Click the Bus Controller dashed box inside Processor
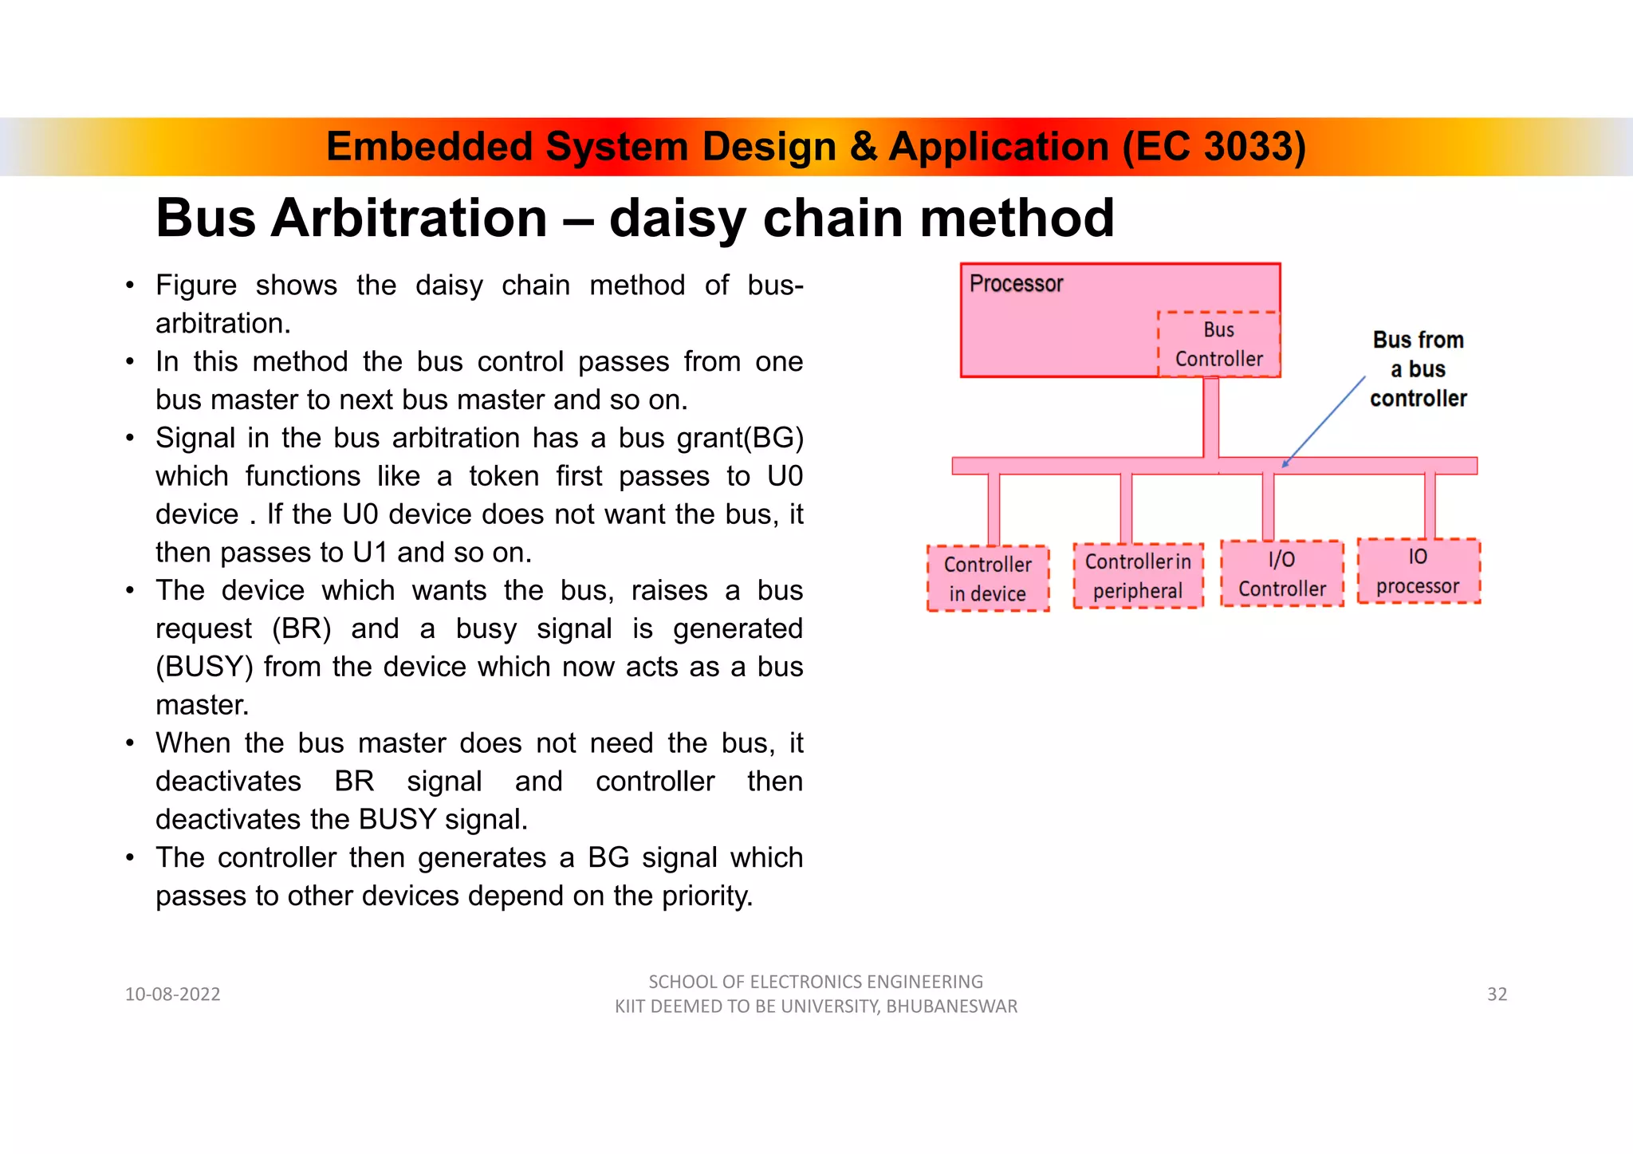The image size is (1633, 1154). (x=1218, y=345)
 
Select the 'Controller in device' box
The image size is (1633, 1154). (x=987, y=579)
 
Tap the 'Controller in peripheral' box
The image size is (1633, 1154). (x=1138, y=576)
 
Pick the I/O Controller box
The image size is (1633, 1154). (x=1281, y=574)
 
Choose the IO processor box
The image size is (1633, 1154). (x=1418, y=572)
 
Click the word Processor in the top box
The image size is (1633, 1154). (x=1016, y=284)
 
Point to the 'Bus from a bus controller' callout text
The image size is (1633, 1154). (x=1418, y=369)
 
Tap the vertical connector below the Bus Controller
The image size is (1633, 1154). (x=1210, y=417)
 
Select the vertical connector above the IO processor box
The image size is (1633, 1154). (x=1430, y=506)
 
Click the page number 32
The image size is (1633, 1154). (x=1497, y=994)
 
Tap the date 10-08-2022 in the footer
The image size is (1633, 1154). (x=172, y=994)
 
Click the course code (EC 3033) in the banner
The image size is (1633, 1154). (x=1214, y=147)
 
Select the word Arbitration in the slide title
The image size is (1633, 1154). (x=409, y=219)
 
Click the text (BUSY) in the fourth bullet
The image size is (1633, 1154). (x=204, y=667)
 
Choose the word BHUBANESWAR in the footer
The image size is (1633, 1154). (x=951, y=1006)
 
